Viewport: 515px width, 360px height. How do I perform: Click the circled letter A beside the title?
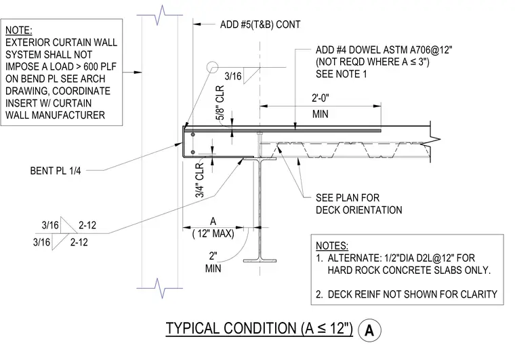[x=369, y=330]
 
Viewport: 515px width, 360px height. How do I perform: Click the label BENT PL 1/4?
[x=56, y=171]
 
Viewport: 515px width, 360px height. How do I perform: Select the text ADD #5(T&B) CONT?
[x=260, y=24]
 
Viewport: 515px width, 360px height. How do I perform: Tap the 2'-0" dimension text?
[x=321, y=98]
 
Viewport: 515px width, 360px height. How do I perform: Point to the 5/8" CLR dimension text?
[x=220, y=103]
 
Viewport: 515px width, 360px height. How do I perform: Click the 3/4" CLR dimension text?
[x=200, y=180]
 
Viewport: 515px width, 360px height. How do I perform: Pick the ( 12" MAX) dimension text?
[x=213, y=233]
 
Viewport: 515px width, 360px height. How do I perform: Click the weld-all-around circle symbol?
[x=213, y=67]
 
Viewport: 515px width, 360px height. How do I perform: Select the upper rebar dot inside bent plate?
[x=193, y=135]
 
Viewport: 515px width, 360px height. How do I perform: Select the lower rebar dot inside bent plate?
[x=193, y=152]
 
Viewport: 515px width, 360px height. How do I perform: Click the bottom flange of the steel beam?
[x=260, y=261]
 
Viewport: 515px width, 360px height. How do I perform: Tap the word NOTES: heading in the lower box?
[x=332, y=246]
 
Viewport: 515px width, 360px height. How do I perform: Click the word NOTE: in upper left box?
[x=19, y=31]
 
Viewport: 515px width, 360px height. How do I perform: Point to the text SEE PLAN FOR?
[x=348, y=198]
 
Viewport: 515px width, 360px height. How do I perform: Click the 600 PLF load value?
[x=100, y=66]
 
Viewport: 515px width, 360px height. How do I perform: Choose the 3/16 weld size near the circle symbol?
[x=233, y=76]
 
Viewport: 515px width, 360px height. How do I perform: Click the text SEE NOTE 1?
[x=342, y=74]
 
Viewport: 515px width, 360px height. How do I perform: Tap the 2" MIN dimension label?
[x=213, y=262]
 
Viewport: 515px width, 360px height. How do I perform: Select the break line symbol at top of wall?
[x=160, y=15]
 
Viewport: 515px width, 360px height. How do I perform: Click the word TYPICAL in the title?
[x=192, y=328]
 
